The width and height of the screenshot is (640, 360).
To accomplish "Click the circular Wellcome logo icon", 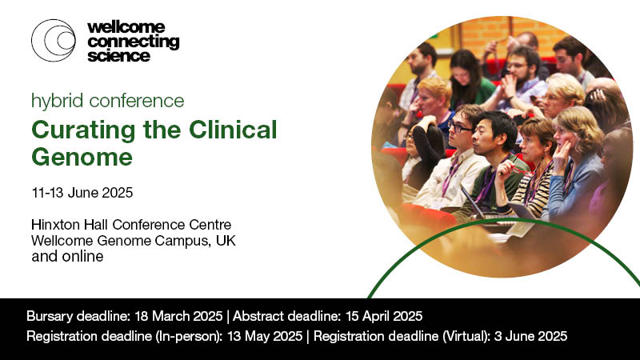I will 54,40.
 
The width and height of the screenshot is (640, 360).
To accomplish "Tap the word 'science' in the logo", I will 118,56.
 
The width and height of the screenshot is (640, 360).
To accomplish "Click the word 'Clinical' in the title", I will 235,129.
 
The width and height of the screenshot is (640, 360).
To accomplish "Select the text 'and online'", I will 68,256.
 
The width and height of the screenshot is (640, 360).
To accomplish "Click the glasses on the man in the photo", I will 460,126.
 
